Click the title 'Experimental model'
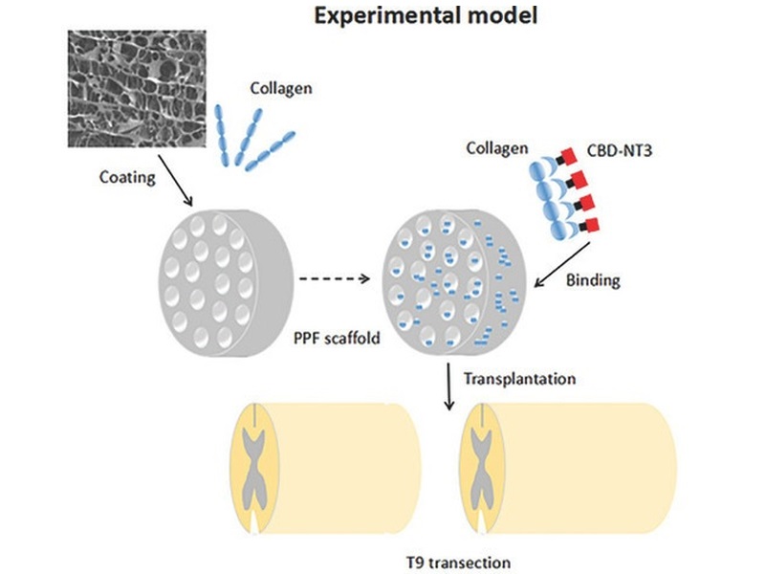click(x=426, y=15)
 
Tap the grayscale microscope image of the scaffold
click(x=137, y=89)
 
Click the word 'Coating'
click(x=127, y=177)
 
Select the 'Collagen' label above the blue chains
click(x=281, y=88)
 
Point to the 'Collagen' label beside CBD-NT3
click(x=497, y=148)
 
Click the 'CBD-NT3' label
click(x=619, y=150)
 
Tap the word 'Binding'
click(x=593, y=280)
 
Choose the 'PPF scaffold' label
click(x=337, y=338)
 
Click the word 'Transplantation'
click(x=519, y=379)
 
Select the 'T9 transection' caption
click(x=459, y=563)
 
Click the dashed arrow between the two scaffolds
click(x=334, y=278)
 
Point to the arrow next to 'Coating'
click(x=176, y=181)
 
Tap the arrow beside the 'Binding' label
click(x=562, y=265)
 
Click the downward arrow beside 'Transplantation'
click(x=448, y=386)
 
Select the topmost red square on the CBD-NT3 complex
click(x=569, y=156)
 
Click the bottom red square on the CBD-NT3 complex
click(x=592, y=226)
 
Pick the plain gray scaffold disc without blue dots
click(x=226, y=282)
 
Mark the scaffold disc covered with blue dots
click(x=453, y=282)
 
